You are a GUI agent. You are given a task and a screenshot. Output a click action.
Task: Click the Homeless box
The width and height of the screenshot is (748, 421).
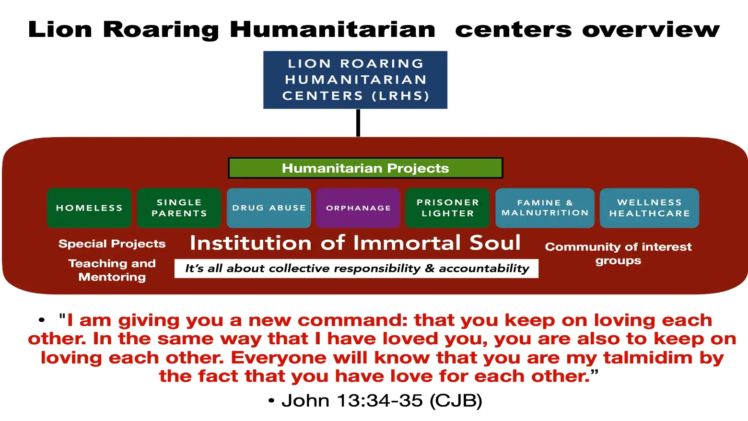(x=89, y=208)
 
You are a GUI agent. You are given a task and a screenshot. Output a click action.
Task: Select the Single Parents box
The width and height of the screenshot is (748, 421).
(x=179, y=208)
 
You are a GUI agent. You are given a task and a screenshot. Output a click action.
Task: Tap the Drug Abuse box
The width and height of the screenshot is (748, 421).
(x=269, y=208)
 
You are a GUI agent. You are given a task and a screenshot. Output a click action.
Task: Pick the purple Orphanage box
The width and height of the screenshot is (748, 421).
(x=358, y=208)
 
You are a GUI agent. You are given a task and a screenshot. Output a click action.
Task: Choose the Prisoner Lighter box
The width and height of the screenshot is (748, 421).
(x=448, y=208)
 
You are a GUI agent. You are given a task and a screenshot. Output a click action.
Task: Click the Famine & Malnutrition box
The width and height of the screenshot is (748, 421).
(x=545, y=208)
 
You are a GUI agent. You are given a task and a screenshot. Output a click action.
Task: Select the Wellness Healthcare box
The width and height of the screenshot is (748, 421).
(x=650, y=208)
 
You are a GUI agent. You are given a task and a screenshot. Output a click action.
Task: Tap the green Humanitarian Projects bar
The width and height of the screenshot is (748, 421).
(x=365, y=168)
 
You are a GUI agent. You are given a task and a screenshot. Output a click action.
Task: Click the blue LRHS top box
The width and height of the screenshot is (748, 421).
(x=355, y=80)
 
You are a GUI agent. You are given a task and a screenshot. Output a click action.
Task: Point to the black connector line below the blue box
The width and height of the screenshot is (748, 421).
(x=358, y=123)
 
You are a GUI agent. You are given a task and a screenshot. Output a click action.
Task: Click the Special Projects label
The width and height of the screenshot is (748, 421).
(x=112, y=244)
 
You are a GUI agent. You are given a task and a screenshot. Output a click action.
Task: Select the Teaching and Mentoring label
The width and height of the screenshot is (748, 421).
(x=112, y=270)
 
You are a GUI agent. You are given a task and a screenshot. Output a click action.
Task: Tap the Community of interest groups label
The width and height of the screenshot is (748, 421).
(x=619, y=253)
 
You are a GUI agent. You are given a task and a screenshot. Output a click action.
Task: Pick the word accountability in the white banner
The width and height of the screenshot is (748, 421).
(x=484, y=269)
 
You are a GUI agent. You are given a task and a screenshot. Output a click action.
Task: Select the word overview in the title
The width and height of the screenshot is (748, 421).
(x=651, y=29)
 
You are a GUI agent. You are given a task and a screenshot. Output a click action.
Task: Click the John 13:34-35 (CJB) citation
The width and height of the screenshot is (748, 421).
(x=382, y=400)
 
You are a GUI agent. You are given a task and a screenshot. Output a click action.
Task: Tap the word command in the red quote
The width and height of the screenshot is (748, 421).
(x=352, y=320)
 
